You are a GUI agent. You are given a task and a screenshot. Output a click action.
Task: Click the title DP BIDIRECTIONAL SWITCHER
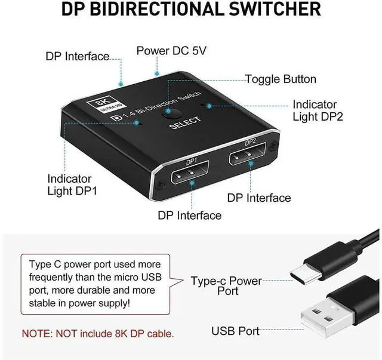[191, 11]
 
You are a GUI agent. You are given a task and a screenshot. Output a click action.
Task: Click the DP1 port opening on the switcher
[191, 176]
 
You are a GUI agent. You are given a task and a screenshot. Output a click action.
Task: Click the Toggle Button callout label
[281, 79]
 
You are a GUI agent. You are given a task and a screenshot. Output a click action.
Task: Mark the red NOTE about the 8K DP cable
[98, 333]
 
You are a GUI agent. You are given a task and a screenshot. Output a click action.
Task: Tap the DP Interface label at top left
[78, 57]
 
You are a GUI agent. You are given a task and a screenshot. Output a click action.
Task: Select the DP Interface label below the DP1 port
[189, 215]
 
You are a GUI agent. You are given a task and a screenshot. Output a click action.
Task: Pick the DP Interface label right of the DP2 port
[259, 198]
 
